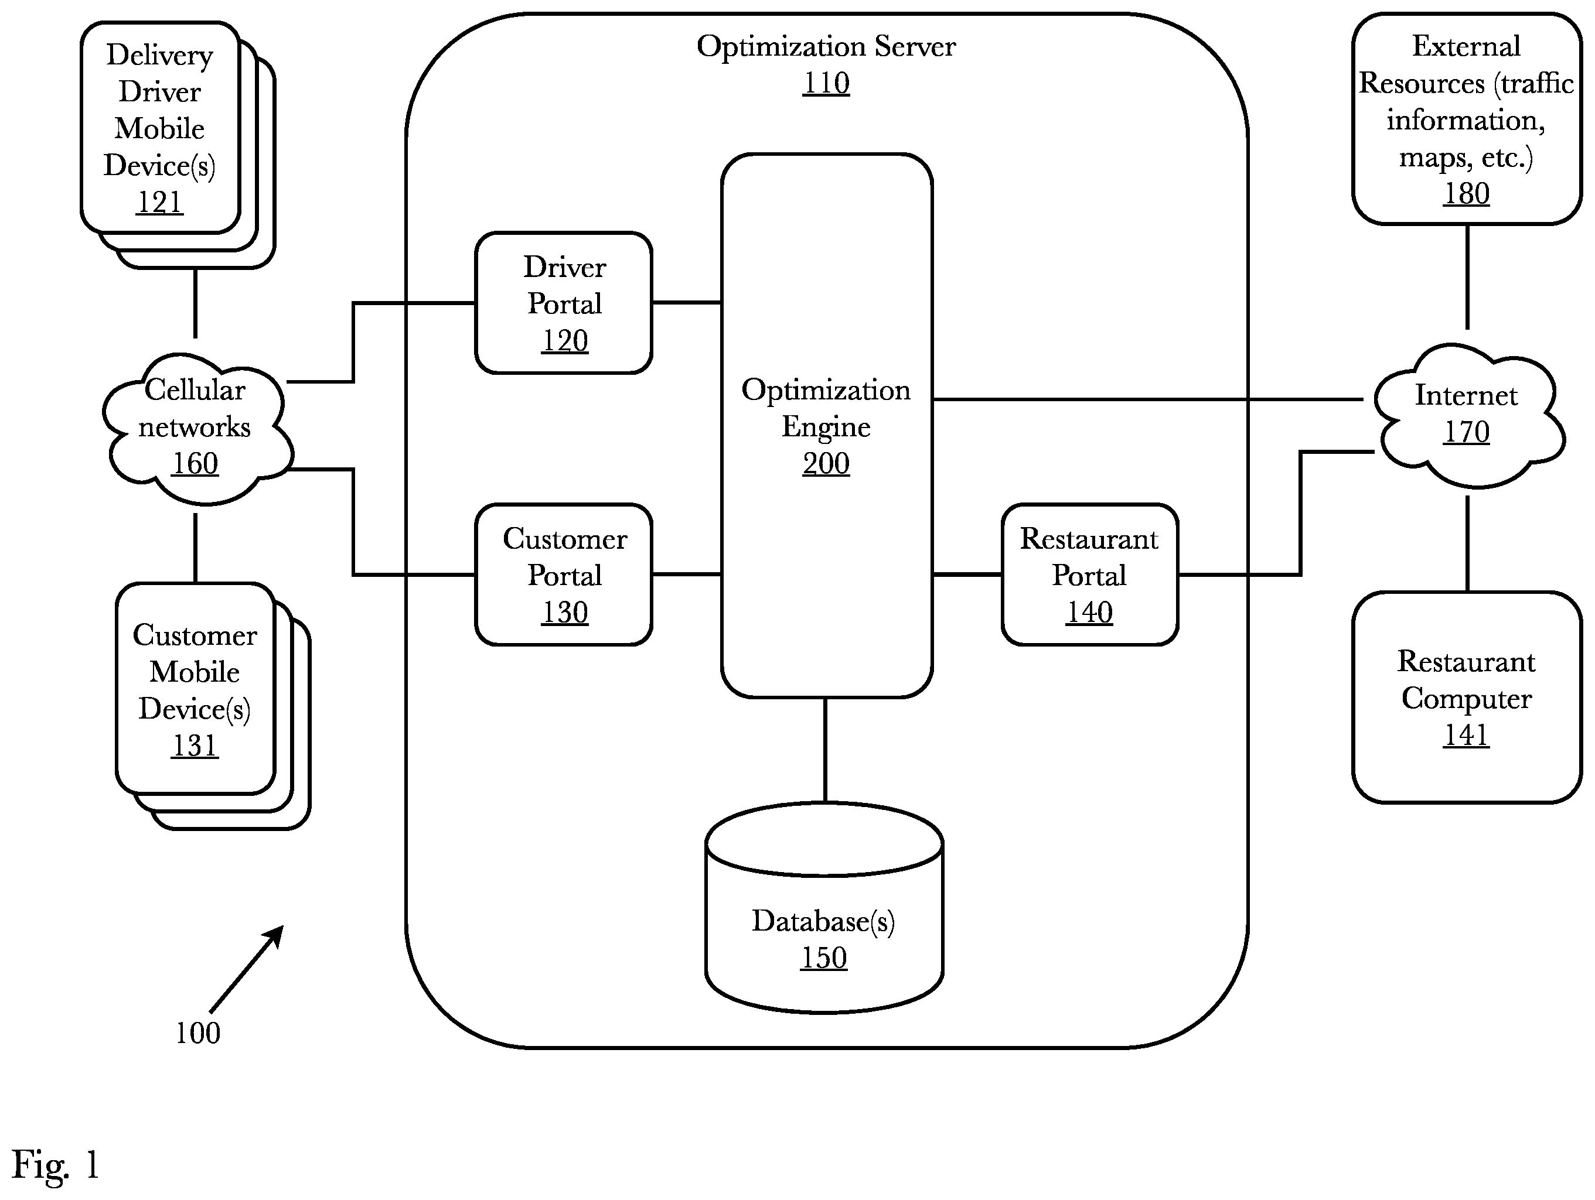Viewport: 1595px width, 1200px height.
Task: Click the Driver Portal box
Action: point(564,303)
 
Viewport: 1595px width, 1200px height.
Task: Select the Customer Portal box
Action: point(564,575)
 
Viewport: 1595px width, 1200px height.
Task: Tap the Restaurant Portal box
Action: point(1089,575)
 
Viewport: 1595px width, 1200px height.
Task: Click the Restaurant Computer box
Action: point(1467,697)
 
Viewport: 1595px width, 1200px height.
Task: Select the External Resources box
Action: point(1467,119)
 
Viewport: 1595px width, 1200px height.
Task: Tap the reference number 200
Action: point(826,463)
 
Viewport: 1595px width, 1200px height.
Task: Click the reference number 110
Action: point(826,83)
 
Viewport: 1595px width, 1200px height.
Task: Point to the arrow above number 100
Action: point(246,969)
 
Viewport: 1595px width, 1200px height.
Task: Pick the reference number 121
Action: point(159,202)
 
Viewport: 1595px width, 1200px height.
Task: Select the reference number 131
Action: point(195,745)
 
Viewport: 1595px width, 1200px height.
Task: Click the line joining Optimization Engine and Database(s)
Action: point(825,750)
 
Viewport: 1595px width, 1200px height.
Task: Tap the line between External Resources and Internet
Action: point(1467,277)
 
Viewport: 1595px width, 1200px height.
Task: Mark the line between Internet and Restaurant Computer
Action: point(1467,543)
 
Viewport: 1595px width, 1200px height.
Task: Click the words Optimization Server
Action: point(826,47)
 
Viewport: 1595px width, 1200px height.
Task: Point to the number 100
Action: point(197,1033)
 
